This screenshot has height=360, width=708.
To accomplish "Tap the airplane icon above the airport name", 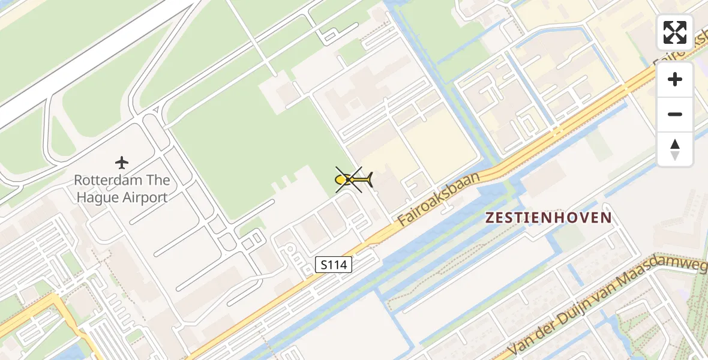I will (x=122, y=163).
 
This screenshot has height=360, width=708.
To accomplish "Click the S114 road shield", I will (x=334, y=264).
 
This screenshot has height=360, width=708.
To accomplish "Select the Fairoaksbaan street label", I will (x=440, y=199).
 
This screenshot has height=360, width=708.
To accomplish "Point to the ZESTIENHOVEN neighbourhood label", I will (x=548, y=218).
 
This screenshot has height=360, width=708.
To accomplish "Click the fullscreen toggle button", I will (x=674, y=32).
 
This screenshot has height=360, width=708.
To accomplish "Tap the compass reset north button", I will (x=674, y=149).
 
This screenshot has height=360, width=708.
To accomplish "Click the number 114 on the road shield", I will (x=338, y=264).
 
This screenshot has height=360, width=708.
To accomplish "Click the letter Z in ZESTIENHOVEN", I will (x=490, y=218).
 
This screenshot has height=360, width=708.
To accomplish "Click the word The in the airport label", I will (x=160, y=180).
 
